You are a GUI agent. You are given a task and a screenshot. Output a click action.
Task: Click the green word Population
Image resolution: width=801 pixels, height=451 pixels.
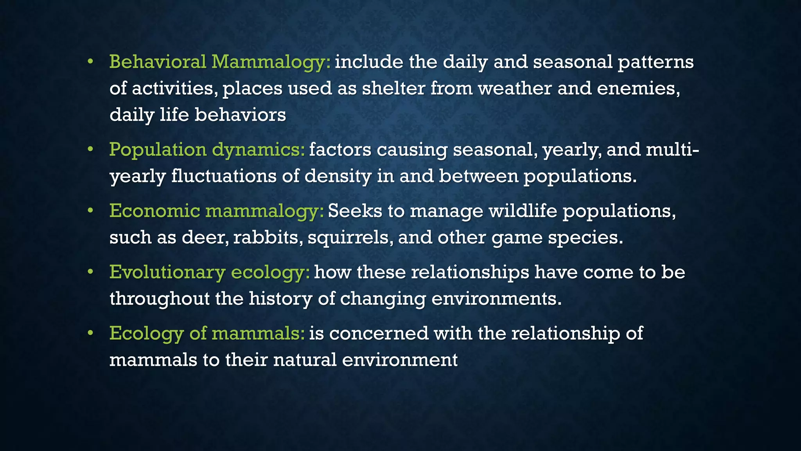click(158, 150)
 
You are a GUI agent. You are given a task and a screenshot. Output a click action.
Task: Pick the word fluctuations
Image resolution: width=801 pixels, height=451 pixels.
click(223, 176)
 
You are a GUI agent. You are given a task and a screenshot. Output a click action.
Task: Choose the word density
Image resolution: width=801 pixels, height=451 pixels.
click(338, 176)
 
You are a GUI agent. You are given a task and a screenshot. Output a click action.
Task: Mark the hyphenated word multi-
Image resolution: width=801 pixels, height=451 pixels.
click(672, 150)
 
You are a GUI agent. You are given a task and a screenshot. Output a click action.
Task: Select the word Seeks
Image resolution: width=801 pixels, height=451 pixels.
click(355, 211)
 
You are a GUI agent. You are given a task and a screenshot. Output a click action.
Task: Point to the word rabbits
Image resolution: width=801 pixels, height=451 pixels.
click(268, 238)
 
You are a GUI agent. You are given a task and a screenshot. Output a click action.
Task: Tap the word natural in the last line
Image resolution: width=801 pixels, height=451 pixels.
click(305, 360)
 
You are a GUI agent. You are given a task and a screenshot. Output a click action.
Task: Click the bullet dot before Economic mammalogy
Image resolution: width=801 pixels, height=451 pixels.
click(90, 211)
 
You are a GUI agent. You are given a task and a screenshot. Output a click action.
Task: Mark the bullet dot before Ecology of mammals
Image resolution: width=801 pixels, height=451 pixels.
click(90, 334)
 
